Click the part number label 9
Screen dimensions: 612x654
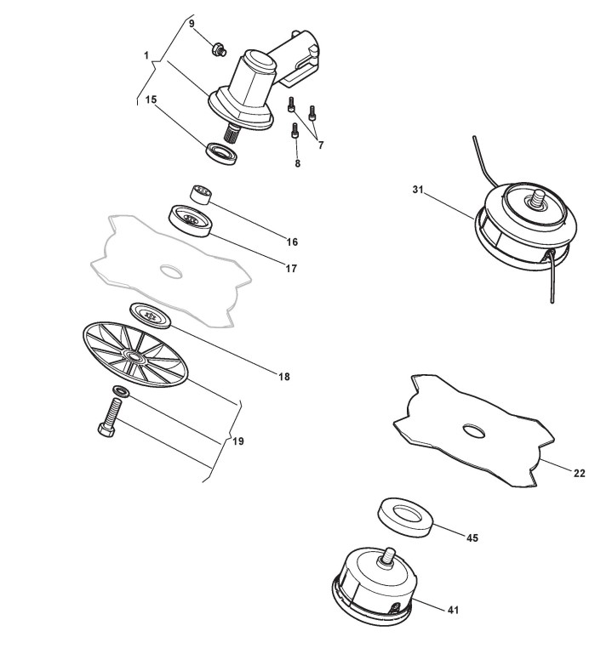click(192, 24)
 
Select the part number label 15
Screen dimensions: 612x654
click(151, 100)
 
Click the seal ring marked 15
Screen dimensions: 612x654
click(224, 153)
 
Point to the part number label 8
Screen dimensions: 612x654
click(297, 163)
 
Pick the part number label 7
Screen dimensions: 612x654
click(321, 145)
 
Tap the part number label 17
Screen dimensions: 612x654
click(291, 269)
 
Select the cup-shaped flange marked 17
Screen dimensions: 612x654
click(191, 219)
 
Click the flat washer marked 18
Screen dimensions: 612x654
click(152, 314)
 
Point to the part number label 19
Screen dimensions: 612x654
click(238, 441)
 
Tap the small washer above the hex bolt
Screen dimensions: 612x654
click(122, 392)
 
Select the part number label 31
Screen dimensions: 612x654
click(418, 190)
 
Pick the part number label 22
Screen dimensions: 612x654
click(579, 474)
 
